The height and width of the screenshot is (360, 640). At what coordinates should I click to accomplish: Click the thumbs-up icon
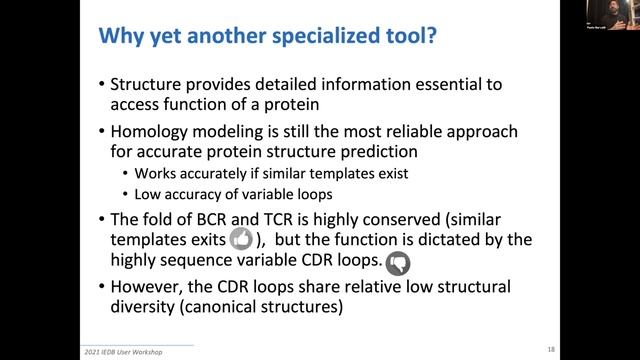pos(241,240)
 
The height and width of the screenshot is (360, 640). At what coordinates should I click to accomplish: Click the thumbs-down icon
pos(397,263)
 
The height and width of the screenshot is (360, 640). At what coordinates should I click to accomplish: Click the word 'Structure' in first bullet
pos(150,85)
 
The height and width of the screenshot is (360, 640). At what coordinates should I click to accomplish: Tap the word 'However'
pos(151,288)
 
